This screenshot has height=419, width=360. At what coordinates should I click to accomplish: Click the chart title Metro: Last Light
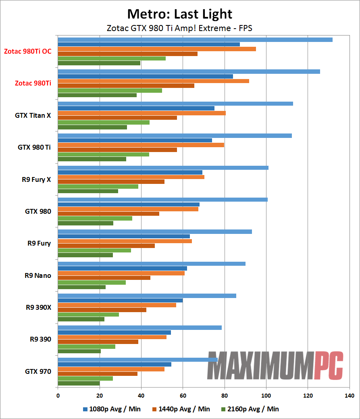point(180,14)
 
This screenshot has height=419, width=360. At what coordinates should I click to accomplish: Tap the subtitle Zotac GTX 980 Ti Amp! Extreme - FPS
point(179,28)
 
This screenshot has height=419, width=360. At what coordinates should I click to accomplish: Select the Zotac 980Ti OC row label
point(28,51)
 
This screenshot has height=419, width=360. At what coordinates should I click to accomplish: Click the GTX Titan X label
point(33,115)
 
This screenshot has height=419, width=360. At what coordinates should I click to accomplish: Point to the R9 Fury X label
point(36,179)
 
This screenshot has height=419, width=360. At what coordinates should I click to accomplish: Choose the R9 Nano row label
point(38,275)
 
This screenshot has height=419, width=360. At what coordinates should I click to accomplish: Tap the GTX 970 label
point(38,371)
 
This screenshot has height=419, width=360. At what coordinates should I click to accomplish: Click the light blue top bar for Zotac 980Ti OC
point(195,40)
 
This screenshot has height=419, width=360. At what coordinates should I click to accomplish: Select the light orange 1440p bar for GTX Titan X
point(142,113)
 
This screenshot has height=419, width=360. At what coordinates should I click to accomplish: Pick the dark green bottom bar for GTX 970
point(79,383)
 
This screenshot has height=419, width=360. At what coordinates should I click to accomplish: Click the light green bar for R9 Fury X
point(98,187)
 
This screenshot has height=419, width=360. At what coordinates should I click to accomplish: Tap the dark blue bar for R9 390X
point(120,300)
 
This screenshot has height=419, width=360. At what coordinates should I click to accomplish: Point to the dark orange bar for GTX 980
point(108,214)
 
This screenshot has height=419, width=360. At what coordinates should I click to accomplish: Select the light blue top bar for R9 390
point(139,327)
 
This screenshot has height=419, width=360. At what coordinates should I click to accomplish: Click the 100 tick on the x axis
point(266,396)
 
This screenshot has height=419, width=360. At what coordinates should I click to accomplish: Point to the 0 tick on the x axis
point(58,396)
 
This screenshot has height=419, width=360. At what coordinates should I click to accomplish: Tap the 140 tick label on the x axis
point(350,396)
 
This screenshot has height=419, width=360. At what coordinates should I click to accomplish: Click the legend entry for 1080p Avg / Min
point(112,409)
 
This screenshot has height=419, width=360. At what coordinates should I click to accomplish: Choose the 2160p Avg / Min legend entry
point(250,409)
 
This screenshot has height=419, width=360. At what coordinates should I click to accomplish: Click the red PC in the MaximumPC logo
point(329,365)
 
